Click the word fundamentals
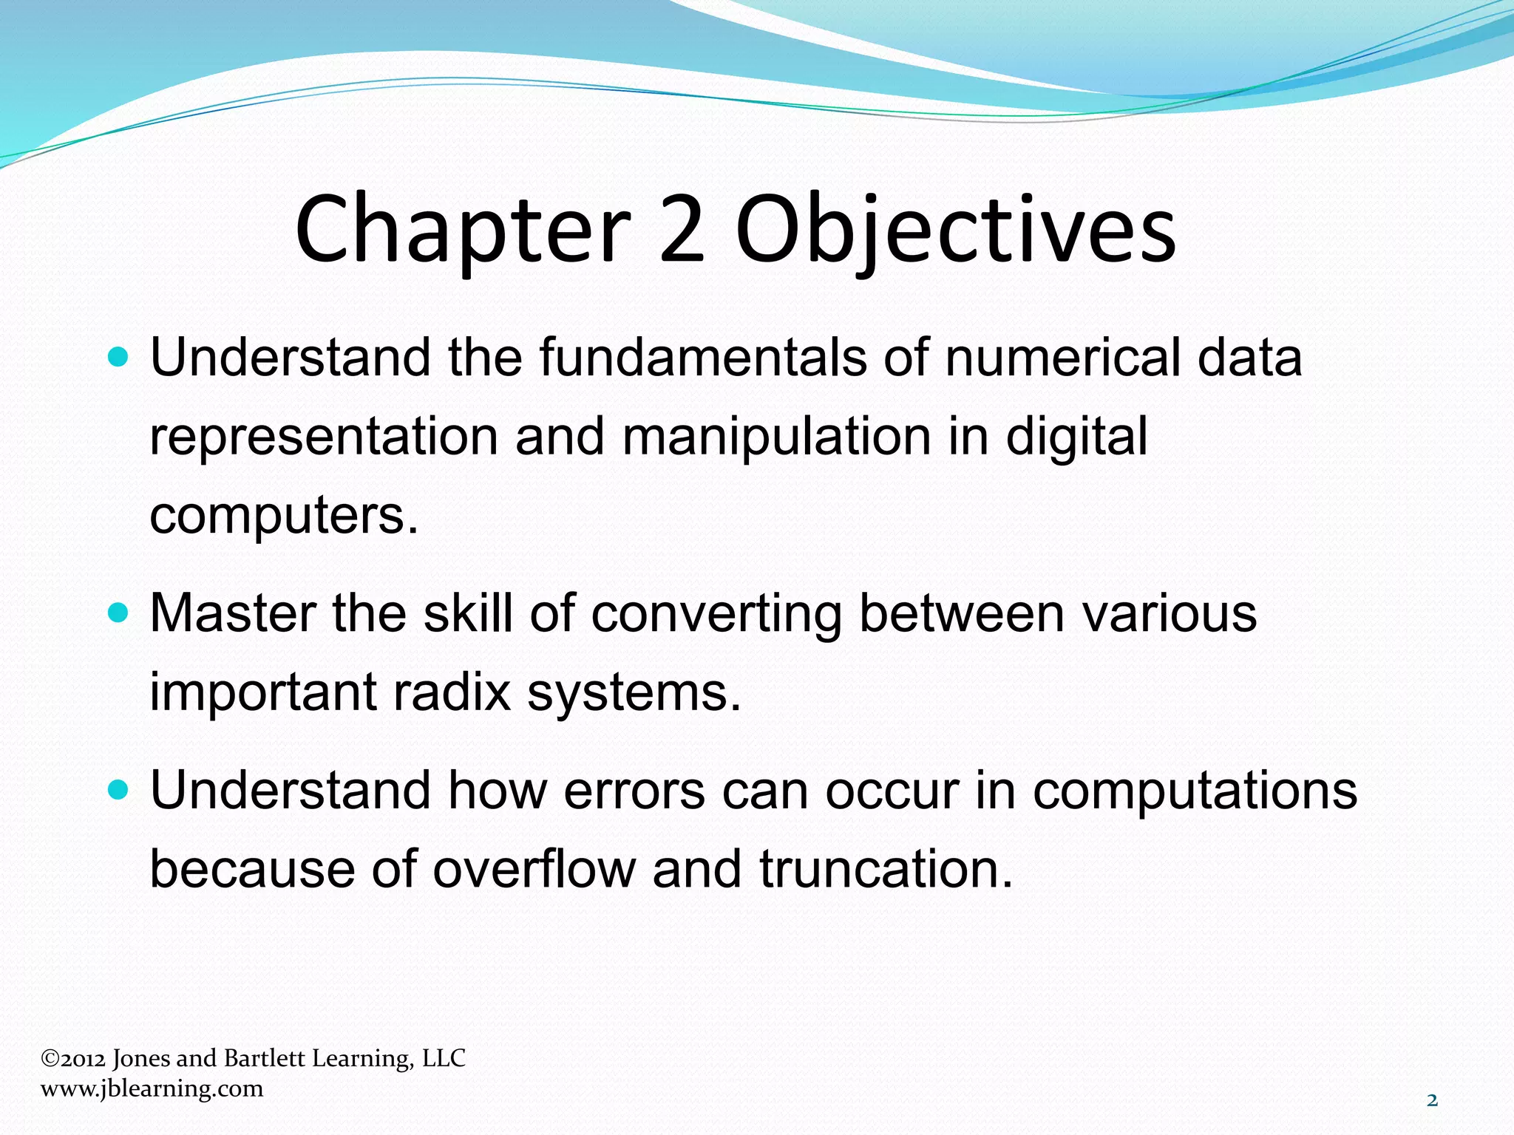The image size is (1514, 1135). pyautogui.click(x=702, y=358)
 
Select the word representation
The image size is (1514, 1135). pyautogui.click(x=324, y=437)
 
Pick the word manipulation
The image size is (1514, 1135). pyautogui.click(x=776, y=437)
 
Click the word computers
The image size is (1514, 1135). pyautogui.click(x=283, y=515)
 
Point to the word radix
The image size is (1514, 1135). pyautogui.click(x=451, y=692)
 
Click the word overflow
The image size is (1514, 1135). pyautogui.click(x=534, y=869)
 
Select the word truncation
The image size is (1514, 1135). pyautogui.click(x=885, y=869)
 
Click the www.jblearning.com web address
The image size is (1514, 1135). pyautogui.click(x=152, y=1088)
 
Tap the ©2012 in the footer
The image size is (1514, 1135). pyautogui.click(x=73, y=1058)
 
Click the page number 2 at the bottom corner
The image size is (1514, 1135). pyautogui.click(x=1432, y=1100)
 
